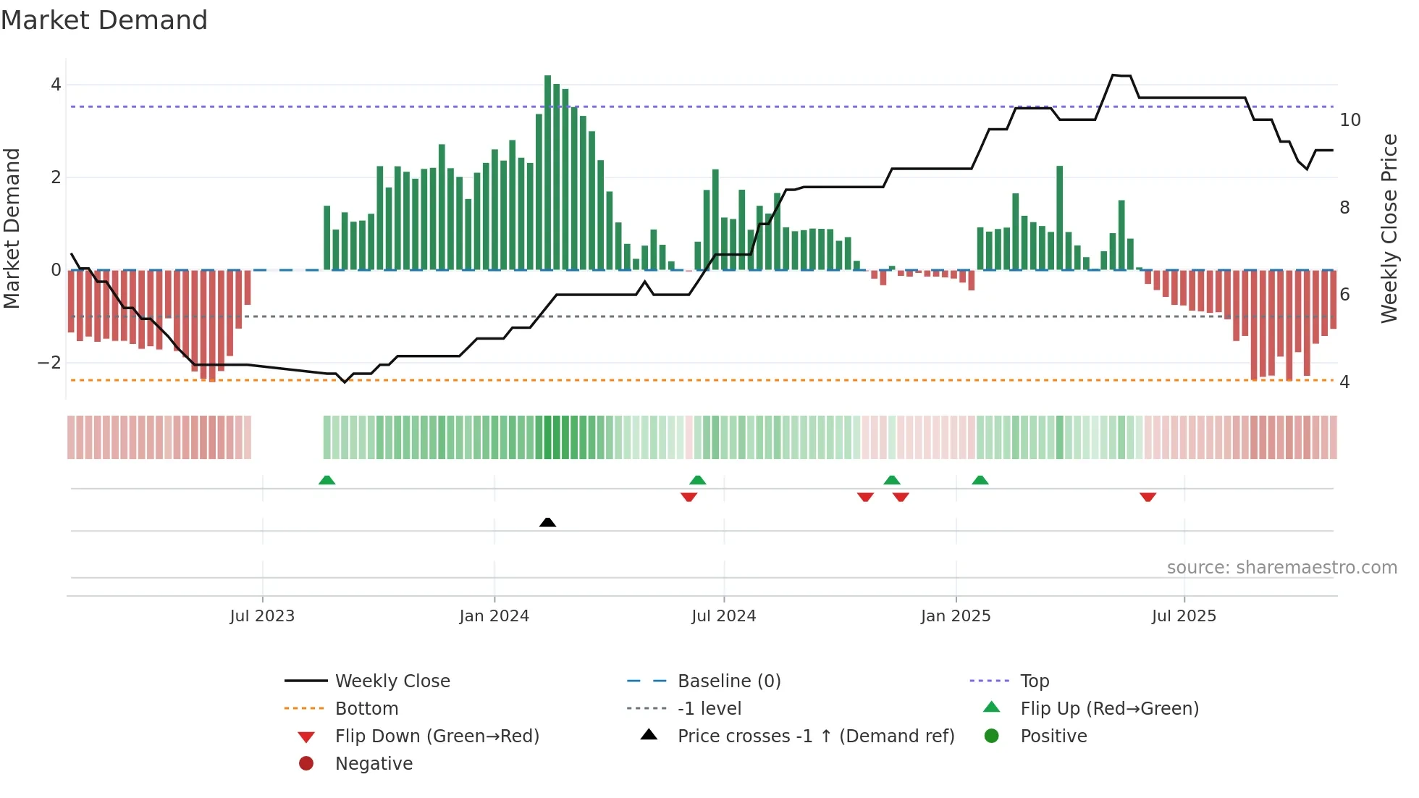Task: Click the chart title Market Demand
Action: pyautogui.click(x=104, y=20)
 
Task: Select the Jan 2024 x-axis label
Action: pyautogui.click(x=494, y=616)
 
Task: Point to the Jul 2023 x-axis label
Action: pyautogui.click(x=262, y=616)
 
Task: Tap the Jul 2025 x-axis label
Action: pyautogui.click(x=1184, y=616)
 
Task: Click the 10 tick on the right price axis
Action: pyautogui.click(x=1349, y=120)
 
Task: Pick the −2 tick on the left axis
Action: pyautogui.click(x=49, y=363)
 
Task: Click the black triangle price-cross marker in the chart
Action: pyautogui.click(x=547, y=522)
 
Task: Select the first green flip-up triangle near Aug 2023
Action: pyautogui.click(x=327, y=480)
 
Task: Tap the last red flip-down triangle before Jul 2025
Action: pyautogui.click(x=1148, y=497)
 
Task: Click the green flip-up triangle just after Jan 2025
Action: pyautogui.click(x=980, y=480)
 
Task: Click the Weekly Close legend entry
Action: pyautogui.click(x=392, y=681)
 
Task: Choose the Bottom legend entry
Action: pyautogui.click(x=366, y=709)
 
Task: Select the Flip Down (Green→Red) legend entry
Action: pyautogui.click(x=437, y=736)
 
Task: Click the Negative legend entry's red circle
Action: pyautogui.click(x=306, y=764)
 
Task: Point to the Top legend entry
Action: pyautogui.click(x=1034, y=681)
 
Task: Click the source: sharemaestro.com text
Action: pyautogui.click(x=1281, y=568)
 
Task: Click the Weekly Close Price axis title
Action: pyautogui.click(x=1389, y=228)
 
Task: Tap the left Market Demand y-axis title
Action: pyautogui.click(x=12, y=228)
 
